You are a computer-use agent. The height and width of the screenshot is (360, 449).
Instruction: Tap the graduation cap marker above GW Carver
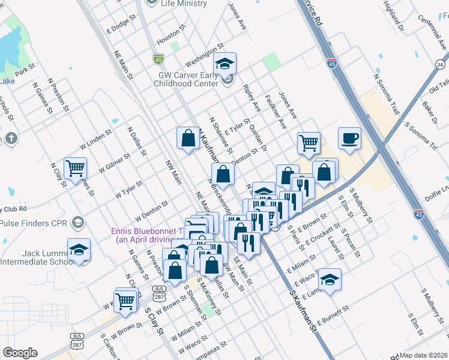(225, 64)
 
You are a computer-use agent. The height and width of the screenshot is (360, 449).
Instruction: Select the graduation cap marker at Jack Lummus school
(79, 250)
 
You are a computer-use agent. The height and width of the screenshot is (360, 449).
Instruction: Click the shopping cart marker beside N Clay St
(76, 169)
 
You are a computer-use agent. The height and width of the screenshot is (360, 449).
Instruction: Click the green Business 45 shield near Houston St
(158, 59)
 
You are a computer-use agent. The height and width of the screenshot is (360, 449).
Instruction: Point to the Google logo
(20, 353)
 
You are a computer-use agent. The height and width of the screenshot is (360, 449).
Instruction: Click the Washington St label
(204, 54)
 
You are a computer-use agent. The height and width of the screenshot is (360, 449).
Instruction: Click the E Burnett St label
(333, 316)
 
